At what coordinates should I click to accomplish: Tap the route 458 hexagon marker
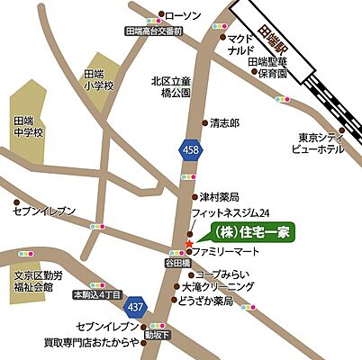point(189,149)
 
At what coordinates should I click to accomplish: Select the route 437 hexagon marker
point(135,305)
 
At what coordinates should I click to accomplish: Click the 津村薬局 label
point(220,195)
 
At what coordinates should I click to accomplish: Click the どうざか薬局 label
point(209,302)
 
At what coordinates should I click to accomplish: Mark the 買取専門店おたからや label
point(104,342)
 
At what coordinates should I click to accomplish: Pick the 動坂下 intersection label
point(158,336)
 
